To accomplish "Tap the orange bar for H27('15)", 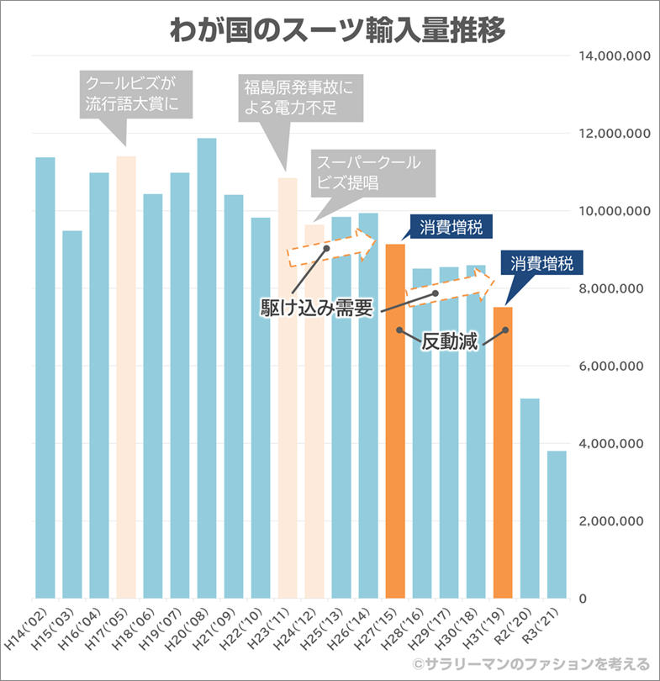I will coord(395,420).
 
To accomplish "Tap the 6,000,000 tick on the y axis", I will coord(611,367).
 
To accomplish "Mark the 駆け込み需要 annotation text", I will coord(316,307).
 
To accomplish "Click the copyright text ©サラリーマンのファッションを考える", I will coord(530,664).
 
